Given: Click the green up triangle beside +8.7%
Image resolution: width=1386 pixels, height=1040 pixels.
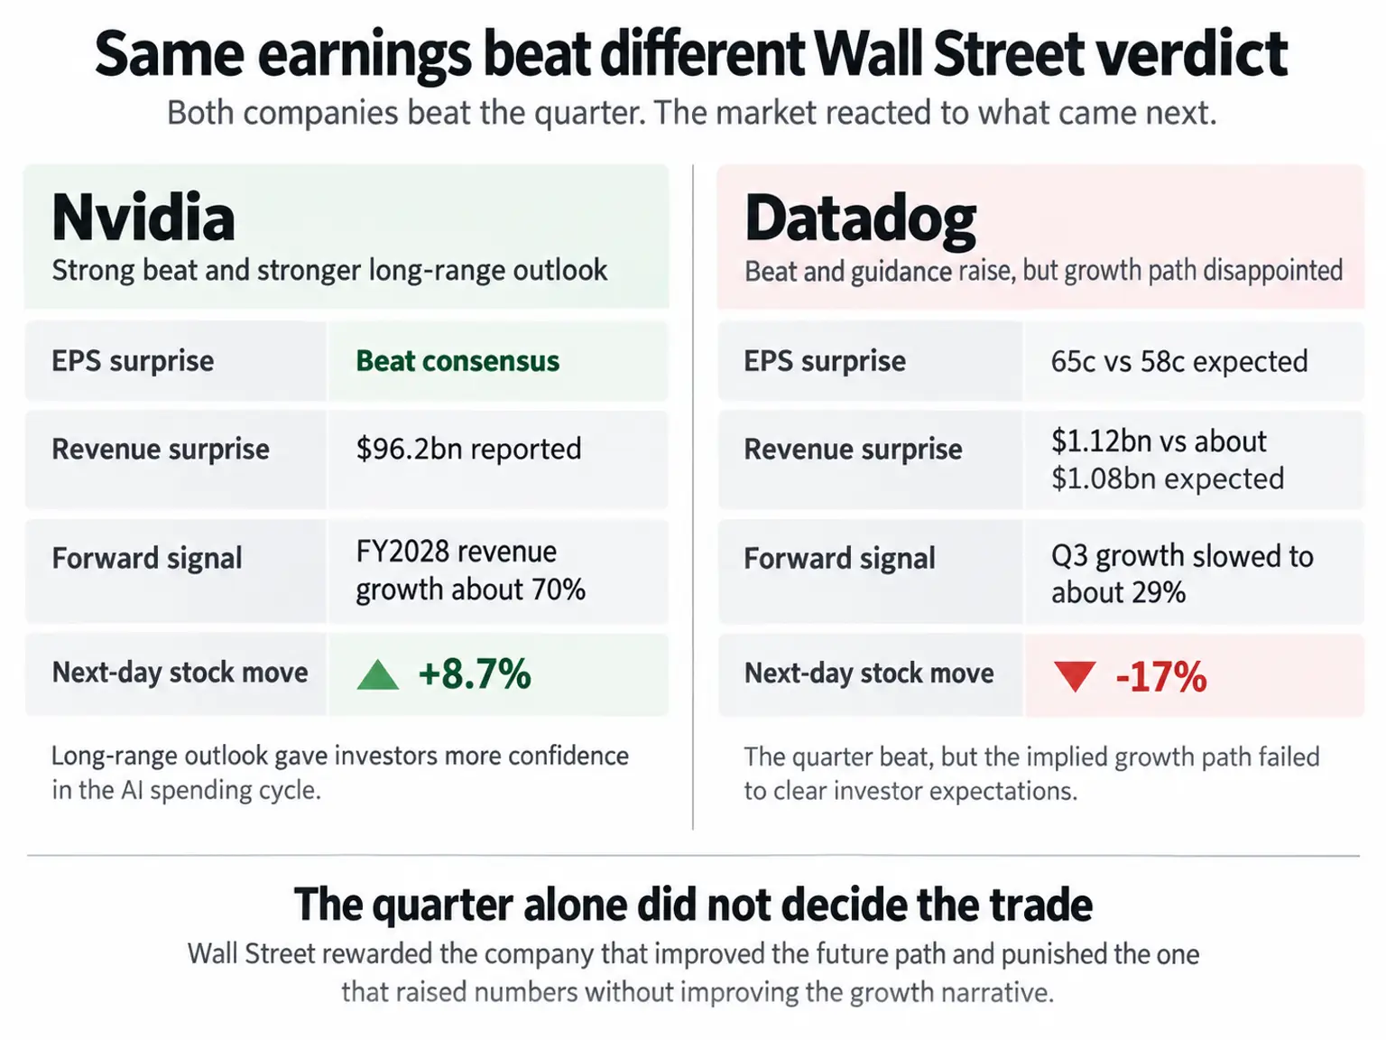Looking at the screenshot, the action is pyautogui.click(x=377, y=674).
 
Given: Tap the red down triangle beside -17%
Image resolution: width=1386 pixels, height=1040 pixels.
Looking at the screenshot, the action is pyautogui.click(x=1075, y=676).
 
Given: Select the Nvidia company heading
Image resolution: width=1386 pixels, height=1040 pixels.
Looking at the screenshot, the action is pyautogui.click(x=143, y=218).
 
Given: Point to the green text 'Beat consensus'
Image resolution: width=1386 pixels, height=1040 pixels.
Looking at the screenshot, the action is pyautogui.click(x=457, y=361).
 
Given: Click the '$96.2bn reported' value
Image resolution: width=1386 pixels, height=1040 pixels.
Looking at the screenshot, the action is pyautogui.click(x=468, y=449).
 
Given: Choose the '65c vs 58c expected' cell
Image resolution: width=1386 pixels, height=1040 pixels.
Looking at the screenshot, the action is pyautogui.click(x=1179, y=362).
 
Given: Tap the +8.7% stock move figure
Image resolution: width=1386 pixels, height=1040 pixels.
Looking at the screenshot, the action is pyautogui.click(x=475, y=673).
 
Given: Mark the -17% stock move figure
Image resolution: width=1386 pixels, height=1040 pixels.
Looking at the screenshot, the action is pyautogui.click(x=1161, y=677).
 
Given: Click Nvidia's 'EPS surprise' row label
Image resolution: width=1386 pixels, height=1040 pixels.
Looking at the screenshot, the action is pyautogui.click(x=133, y=361).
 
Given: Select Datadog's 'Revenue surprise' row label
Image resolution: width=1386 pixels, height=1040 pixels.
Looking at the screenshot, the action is pyautogui.click(x=853, y=450).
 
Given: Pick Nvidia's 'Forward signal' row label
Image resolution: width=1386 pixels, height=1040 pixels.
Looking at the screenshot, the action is pyautogui.click(x=146, y=558).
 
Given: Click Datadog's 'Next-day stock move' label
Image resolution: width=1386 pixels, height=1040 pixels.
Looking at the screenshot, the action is pyautogui.click(x=869, y=673).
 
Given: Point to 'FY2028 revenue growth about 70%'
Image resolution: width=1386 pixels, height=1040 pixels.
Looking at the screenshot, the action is pyautogui.click(x=470, y=571).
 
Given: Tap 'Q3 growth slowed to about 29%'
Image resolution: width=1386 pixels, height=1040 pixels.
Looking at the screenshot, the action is pyautogui.click(x=1182, y=574).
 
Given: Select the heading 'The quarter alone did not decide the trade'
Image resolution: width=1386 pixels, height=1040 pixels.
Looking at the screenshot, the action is pyautogui.click(x=693, y=905).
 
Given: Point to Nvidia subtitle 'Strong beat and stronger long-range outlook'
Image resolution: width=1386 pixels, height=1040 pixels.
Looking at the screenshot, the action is pyautogui.click(x=329, y=270).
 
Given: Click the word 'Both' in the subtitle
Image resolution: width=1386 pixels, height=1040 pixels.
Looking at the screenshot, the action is pyautogui.click(x=201, y=113).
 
